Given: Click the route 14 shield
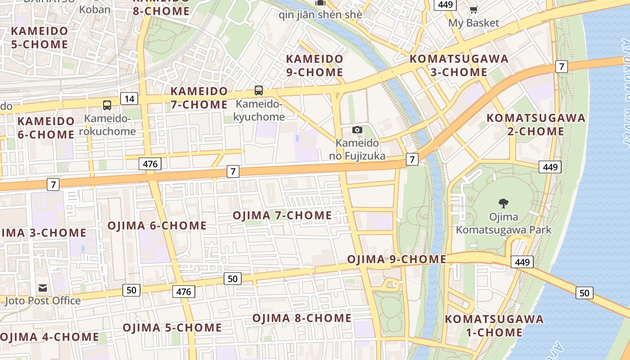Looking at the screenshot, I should click(129, 99).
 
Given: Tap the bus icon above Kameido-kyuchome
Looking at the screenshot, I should click(259, 90).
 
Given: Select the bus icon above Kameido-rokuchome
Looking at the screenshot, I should click(107, 105).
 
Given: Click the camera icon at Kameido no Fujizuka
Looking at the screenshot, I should click(357, 130).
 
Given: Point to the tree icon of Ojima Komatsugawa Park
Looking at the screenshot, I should click(504, 203).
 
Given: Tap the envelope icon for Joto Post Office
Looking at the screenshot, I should click(43, 288).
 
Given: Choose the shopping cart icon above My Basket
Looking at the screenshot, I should click(473, 9).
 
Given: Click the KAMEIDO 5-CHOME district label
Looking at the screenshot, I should click(40, 38).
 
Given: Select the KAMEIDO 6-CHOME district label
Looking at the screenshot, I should click(46, 128).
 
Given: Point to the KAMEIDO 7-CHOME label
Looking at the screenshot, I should click(199, 98).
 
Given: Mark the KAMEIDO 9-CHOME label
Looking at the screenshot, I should click(315, 65).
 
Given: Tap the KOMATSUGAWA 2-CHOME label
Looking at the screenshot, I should click(536, 125).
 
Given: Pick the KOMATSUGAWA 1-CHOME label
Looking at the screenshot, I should click(494, 326).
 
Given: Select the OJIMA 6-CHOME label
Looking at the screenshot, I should click(157, 225).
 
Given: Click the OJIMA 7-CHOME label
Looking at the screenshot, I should click(282, 216).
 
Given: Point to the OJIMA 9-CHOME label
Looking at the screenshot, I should click(396, 259).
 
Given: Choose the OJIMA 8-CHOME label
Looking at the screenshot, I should click(302, 318).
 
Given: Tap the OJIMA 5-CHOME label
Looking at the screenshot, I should click(172, 327).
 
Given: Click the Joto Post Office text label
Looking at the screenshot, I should click(43, 301).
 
